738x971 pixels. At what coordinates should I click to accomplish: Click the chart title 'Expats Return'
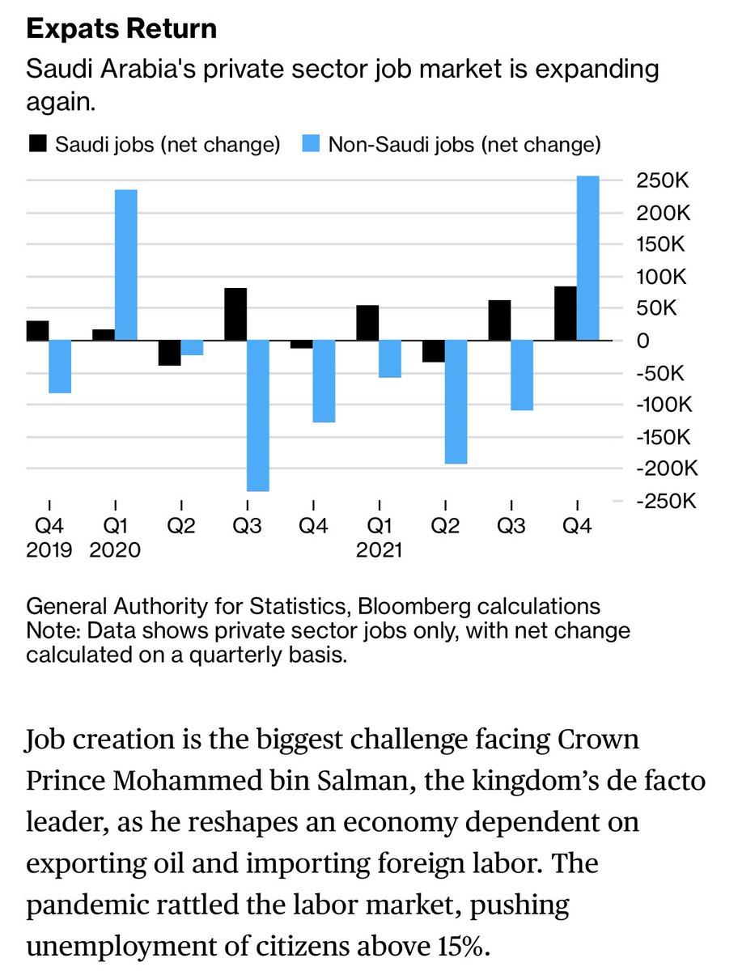(121, 29)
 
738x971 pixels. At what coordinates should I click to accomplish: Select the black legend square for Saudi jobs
(37, 144)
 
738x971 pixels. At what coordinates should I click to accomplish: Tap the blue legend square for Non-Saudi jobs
(311, 144)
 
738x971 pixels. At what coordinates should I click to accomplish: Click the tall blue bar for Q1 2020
(126, 265)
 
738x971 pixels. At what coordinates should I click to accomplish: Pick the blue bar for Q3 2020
(258, 416)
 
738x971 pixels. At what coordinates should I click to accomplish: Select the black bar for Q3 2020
(235, 314)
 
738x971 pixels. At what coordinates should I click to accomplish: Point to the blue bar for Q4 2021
(588, 258)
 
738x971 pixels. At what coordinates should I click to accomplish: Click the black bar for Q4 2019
(37, 331)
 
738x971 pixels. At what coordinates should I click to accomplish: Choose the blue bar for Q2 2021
(456, 402)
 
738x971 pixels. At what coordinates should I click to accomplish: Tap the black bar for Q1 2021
(367, 323)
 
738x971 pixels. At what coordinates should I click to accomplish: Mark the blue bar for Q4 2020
(324, 381)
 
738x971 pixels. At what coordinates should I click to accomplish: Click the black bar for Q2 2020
(170, 353)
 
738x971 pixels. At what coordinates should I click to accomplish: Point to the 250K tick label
(663, 180)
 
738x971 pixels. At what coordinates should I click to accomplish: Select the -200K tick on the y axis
(667, 468)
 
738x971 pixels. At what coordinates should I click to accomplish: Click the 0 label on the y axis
(643, 341)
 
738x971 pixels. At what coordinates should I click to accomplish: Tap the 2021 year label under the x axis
(379, 550)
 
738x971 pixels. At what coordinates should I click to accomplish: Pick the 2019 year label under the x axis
(49, 550)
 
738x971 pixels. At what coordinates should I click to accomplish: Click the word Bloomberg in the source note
(414, 607)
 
